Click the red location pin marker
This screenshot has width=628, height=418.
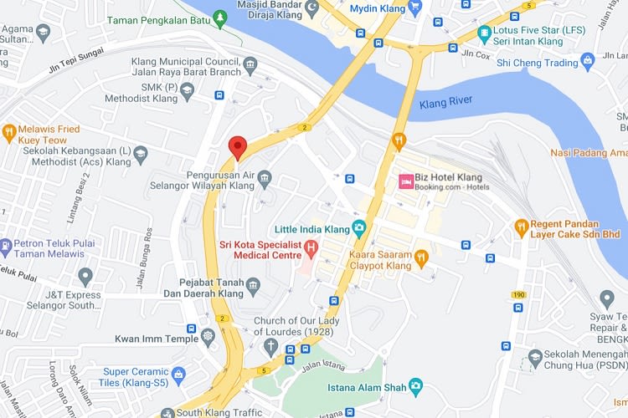click(x=238, y=146)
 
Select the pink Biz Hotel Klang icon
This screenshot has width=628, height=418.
click(x=406, y=181)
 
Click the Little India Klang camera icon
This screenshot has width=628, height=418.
click(x=359, y=227)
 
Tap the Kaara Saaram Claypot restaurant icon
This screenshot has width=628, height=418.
click(x=422, y=257)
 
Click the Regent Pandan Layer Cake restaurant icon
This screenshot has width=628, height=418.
click(x=521, y=226)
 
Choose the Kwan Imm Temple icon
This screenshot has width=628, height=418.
click(x=208, y=338)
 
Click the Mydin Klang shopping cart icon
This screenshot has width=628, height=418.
click(x=415, y=8)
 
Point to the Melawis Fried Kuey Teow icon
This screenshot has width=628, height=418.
click(x=10, y=131)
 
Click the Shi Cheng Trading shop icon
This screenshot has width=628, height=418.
click(x=588, y=61)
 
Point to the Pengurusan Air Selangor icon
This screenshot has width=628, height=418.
click(x=265, y=177)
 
